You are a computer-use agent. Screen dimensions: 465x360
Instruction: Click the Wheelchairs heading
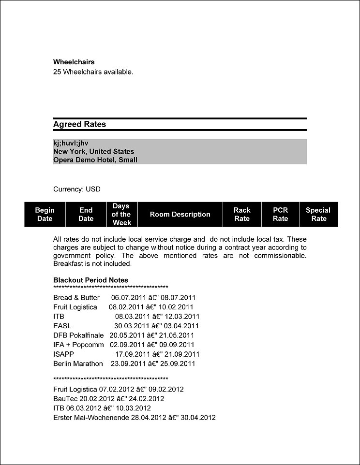click(74, 62)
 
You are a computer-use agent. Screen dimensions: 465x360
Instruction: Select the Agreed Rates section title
click(79, 124)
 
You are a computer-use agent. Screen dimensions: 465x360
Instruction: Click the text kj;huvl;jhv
click(71, 143)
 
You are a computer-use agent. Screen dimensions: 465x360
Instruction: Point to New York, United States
click(93, 151)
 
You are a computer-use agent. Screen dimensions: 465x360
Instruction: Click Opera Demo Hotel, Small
click(95, 160)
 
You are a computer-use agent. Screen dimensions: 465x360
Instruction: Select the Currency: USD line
click(76, 189)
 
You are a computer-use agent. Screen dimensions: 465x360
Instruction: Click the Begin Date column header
click(45, 214)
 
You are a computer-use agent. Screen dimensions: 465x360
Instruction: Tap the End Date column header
click(86, 214)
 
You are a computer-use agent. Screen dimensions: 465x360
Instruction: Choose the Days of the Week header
click(121, 214)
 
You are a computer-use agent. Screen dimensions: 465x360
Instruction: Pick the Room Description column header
click(180, 214)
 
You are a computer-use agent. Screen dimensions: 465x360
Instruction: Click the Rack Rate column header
click(242, 214)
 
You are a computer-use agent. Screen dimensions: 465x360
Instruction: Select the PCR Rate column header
click(280, 214)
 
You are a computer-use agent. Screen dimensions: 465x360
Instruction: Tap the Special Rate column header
click(318, 214)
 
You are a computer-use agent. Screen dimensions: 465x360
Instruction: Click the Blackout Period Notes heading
click(90, 280)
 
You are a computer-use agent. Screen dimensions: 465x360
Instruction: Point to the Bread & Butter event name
click(76, 298)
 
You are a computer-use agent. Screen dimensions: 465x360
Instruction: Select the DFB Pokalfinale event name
click(79, 335)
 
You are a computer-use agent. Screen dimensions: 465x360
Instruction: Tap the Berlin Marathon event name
click(78, 363)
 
